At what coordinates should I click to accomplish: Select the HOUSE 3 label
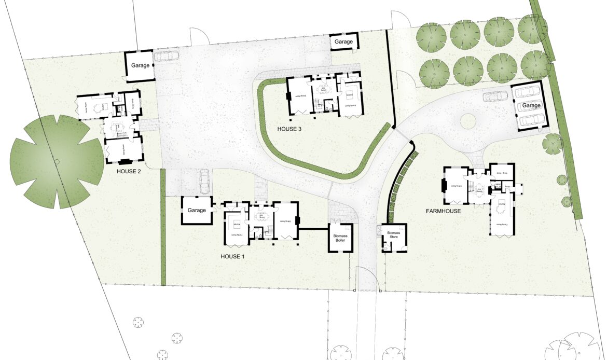tap(289, 129)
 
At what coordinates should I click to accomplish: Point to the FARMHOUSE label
tap(444, 211)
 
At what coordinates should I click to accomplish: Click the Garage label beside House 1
tap(197, 211)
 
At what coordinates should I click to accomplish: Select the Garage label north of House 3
tap(343, 41)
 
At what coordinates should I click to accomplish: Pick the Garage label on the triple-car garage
tap(531, 105)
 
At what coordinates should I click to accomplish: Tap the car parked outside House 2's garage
tap(166, 56)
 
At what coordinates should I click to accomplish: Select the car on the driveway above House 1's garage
tap(204, 180)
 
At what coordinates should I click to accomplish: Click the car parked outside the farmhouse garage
tap(495, 96)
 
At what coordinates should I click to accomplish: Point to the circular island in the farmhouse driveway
tap(468, 121)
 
